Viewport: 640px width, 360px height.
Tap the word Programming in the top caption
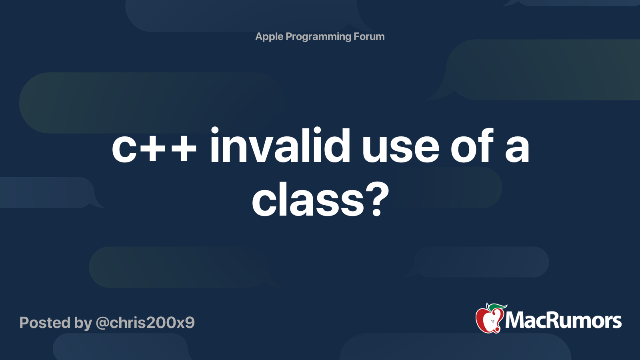tap(318, 37)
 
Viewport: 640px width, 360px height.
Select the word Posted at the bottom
tap(45, 322)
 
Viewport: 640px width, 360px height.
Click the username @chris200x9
tap(145, 323)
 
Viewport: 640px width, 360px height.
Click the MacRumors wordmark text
tap(563, 320)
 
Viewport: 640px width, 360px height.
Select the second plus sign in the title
tap(184, 149)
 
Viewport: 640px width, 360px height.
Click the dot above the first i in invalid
tap(214, 130)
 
